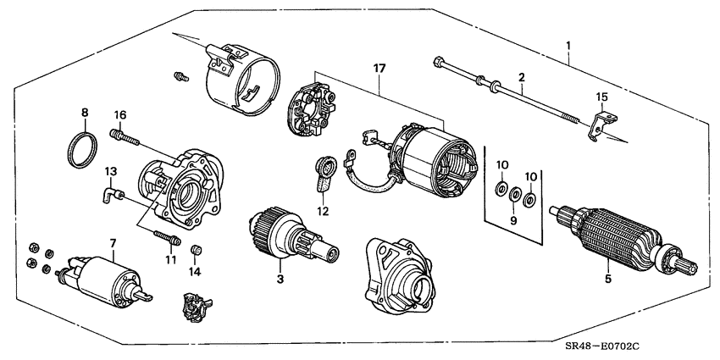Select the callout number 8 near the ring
(x=85, y=112)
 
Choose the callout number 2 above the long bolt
(x=523, y=77)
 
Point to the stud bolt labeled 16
(x=123, y=133)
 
